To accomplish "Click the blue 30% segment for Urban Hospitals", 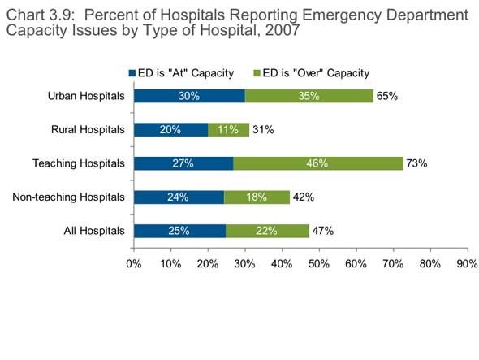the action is pyautogui.click(x=189, y=96).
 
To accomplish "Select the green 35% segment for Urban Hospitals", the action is pyautogui.click(x=309, y=96).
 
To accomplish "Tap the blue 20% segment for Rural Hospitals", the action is pyautogui.click(x=171, y=130).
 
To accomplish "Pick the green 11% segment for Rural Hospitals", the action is pyautogui.click(x=228, y=130).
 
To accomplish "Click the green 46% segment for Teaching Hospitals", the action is pyautogui.click(x=318, y=163).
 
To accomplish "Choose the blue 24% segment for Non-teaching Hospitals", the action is pyautogui.click(x=179, y=197).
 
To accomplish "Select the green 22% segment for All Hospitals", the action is pyautogui.click(x=267, y=231).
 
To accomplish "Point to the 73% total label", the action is pyautogui.click(x=416, y=163).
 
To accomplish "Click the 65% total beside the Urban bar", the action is pyautogui.click(x=387, y=96).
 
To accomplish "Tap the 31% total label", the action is pyautogui.click(x=263, y=130).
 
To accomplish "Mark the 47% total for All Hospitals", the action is pyautogui.click(x=323, y=231).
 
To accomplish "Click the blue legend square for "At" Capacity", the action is pyautogui.click(x=132, y=73).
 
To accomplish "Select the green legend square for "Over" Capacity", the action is pyautogui.click(x=257, y=73).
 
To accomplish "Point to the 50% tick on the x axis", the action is pyautogui.click(x=319, y=250).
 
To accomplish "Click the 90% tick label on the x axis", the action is pyautogui.click(x=468, y=263).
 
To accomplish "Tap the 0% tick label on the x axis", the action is pyautogui.click(x=134, y=263).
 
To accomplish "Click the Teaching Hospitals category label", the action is pyautogui.click(x=79, y=163).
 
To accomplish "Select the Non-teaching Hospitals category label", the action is pyautogui.click(x=68, y=197).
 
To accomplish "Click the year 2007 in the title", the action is pyautogui.click(x=283, y=30).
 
